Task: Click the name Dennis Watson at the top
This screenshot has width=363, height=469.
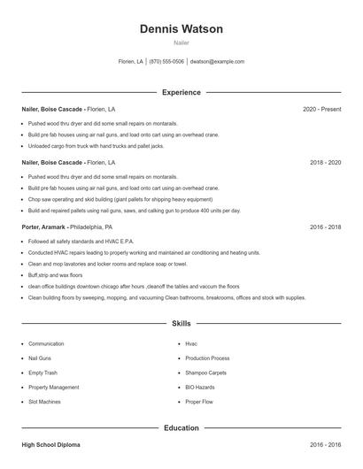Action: pyautogui.click(x=181, y=29)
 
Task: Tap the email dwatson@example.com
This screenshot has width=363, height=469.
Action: pyautogui.click(x=217, y=62)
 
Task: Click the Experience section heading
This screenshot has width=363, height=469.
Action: pyautogui.click(x=181, y=92)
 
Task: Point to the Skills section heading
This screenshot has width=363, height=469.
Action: pyautogui.click(x=181, y=324)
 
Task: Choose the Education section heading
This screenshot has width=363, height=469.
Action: pyautogui.click(x=181, y=428)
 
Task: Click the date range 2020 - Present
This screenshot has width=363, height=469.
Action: pyautogui.click(x=322, y=109)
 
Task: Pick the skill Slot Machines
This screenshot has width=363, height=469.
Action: pyautogui.click(x=45, y=402)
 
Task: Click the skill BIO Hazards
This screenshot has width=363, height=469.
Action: pyautogui.click(x=200, y=387)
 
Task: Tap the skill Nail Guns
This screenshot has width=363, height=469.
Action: pyautogui.click(x=41, y=358)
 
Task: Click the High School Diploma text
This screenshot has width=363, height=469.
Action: pyautogui.click(x=51, y=445)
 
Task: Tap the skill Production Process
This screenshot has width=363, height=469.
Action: pyautogui.click(x=207, y=358)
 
